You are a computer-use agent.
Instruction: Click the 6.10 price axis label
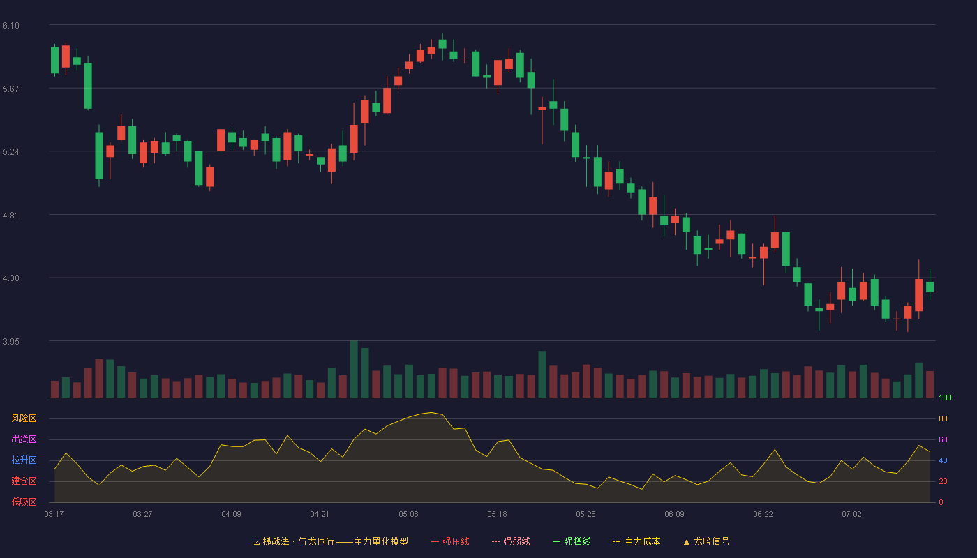coord(11,26)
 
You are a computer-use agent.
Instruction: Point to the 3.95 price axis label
coord(11,341)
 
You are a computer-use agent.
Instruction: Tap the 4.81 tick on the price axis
coord(11,216)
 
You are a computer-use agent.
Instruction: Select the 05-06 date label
coord(408,515)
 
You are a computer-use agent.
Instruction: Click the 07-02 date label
coord(851,515)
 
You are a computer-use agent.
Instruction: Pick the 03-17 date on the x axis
coord(54,515)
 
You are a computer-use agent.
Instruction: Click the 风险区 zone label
coord(24,418)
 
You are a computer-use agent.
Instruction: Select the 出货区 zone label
coord(24,439)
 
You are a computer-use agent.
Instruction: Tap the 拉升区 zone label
coord(24,460)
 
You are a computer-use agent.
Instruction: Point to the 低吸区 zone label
coord(24,502)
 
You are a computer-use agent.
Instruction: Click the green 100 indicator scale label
coord(945,398)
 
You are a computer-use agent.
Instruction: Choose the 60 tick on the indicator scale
coord(943,439)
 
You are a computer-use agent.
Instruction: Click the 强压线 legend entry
coord(450,541)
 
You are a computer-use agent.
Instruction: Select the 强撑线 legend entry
coord(572,541)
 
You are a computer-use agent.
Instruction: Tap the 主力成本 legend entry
coord(636,541)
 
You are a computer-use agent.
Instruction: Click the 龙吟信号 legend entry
coord(706,541)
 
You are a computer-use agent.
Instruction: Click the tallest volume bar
coord(354,369)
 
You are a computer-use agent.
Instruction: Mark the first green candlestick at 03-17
coord(54,60)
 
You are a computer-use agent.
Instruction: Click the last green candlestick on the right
coord(930,287)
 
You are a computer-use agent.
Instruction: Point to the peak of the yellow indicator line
coord(431,412)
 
